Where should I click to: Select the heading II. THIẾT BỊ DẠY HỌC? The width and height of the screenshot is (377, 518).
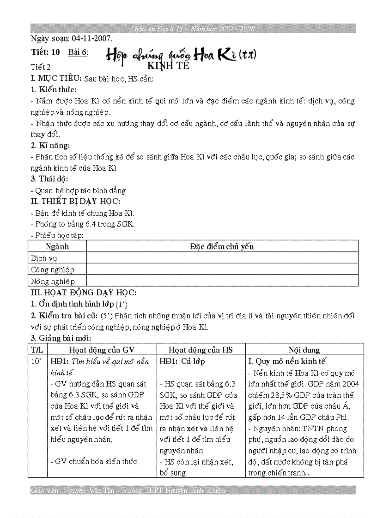[75, 202]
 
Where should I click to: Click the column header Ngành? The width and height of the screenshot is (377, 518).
[57, 246]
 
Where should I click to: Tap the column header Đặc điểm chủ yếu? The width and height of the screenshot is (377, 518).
[221, 246]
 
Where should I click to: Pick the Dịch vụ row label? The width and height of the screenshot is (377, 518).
[44, 258]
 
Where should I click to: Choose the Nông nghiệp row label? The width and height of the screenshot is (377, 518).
[52, 281]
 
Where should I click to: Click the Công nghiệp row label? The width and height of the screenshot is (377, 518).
[52, 269]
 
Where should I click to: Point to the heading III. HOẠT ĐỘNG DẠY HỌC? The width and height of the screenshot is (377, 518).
[83, 292]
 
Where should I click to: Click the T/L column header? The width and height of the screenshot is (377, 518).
[37, 350]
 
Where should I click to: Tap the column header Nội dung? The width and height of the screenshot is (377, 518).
[304, 350]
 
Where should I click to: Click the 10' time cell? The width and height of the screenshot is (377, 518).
[36, 362]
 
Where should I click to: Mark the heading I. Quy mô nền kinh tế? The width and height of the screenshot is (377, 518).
[287, 362]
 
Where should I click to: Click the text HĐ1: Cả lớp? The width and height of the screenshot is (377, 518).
[182, 362]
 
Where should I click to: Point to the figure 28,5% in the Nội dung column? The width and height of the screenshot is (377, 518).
[281, 395]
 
